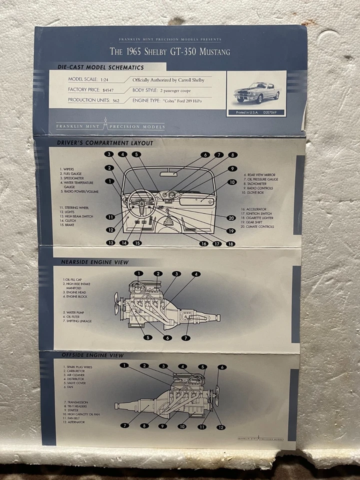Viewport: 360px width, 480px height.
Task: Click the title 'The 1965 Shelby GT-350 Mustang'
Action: click(170, 50)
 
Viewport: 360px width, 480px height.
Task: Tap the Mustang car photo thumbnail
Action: click(256, 91)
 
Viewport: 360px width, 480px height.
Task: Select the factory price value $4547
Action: click(107, 90)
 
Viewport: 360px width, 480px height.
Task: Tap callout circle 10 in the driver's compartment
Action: click(231, 182)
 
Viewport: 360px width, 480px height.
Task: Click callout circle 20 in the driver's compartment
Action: click(231, 218)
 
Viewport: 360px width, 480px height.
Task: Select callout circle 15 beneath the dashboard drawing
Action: click(137, 243)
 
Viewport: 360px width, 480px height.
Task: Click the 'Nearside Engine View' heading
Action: click(94, 262)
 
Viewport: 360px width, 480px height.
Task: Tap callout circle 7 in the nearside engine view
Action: click(186, 338)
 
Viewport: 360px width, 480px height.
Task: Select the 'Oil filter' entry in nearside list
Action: click(73, 316)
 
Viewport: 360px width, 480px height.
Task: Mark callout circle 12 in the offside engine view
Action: click(220, 427)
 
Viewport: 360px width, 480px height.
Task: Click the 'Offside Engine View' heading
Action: click(92, 355)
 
